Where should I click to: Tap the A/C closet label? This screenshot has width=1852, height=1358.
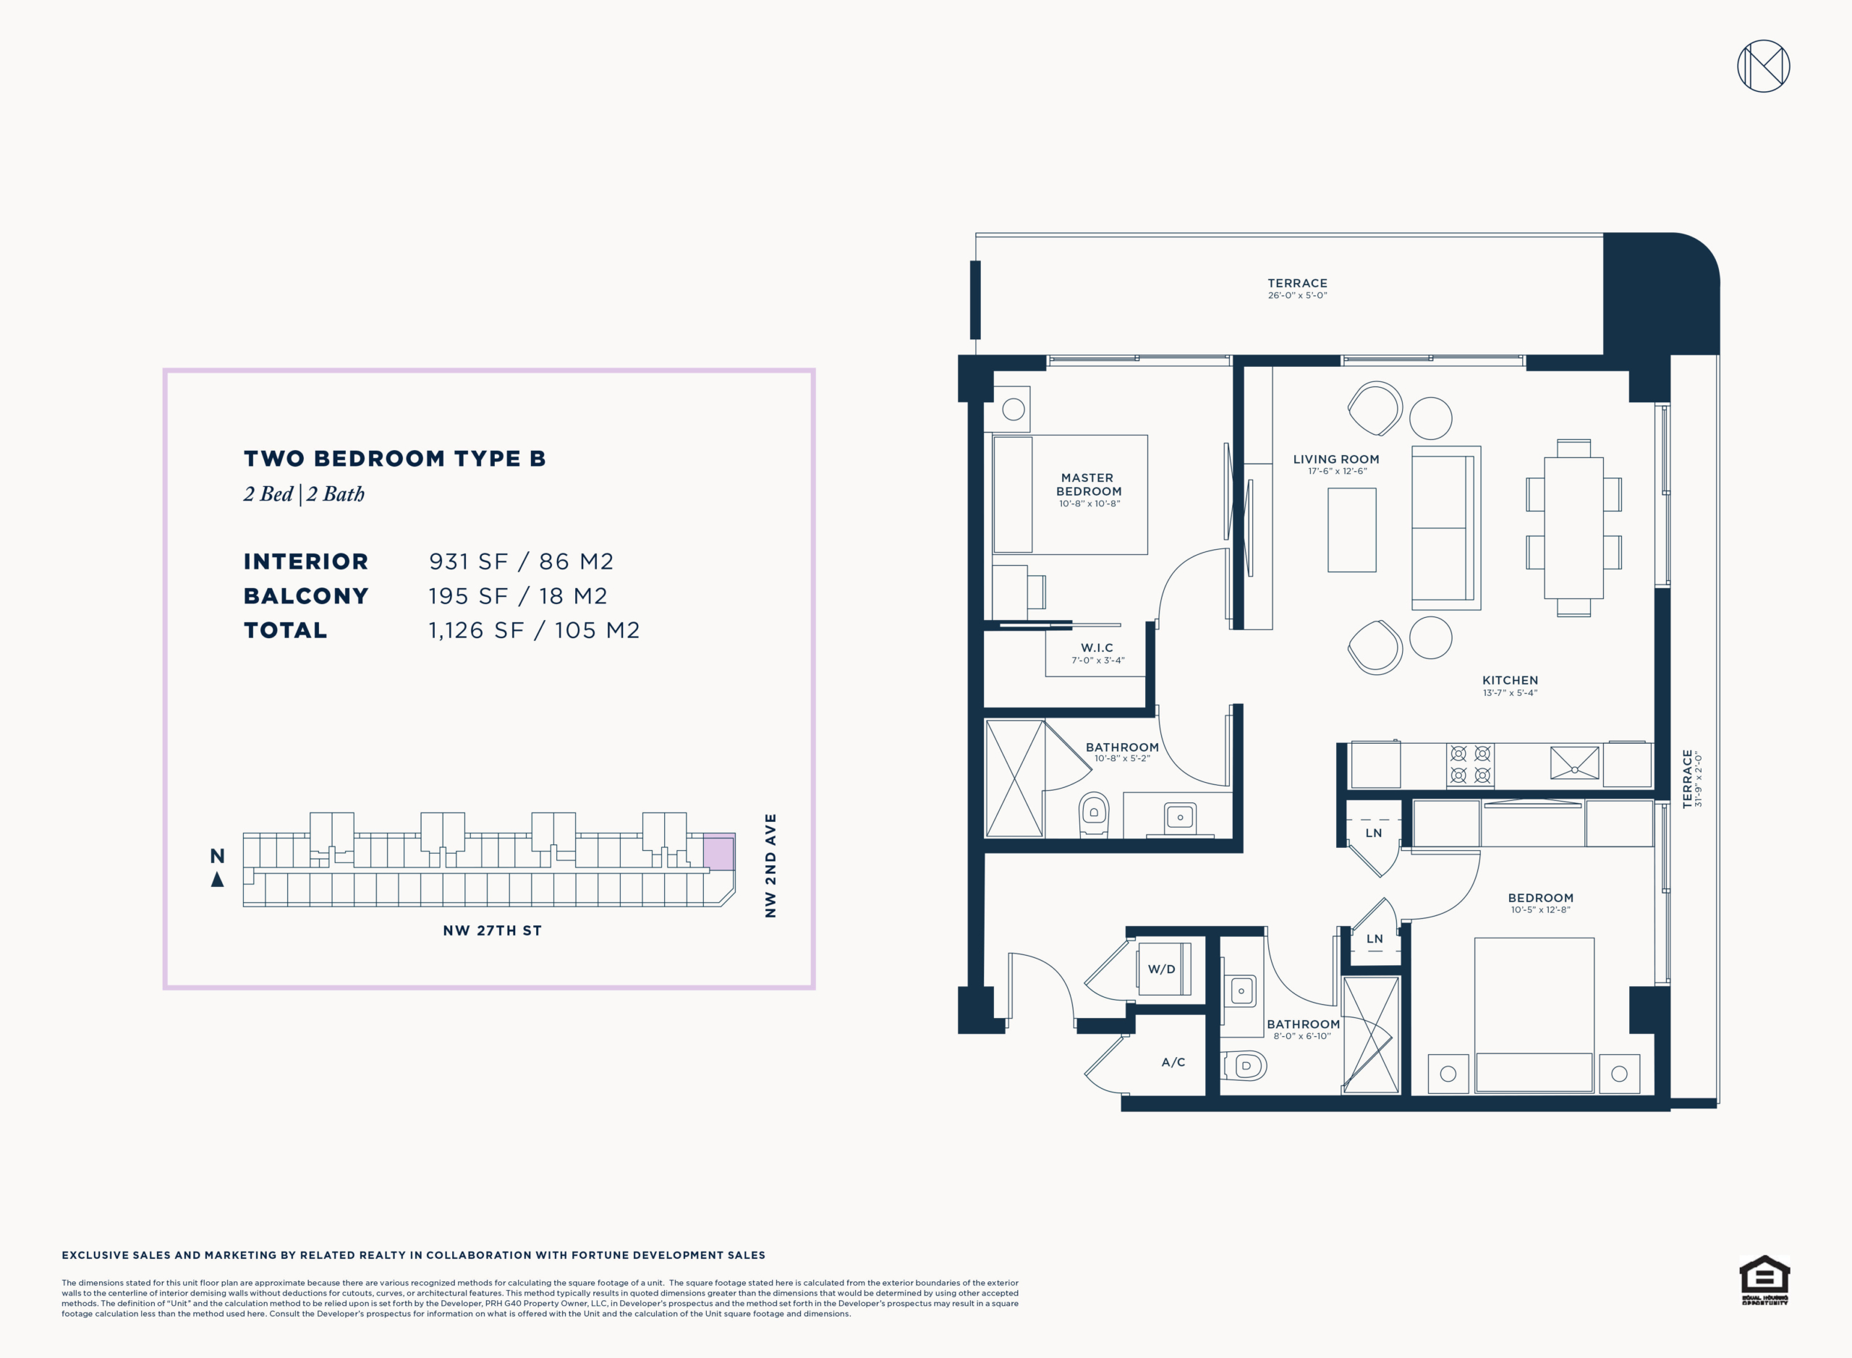pyautogui.click(x=1173, y=1062)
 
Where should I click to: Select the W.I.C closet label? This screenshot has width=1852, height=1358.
pyautogui.click(x=1097, y=648)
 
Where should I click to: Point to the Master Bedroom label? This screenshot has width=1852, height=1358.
pyautogui.click(x=1088, y=484)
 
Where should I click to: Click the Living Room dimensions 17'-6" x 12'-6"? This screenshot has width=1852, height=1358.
pyautogui.click(x=1338, y=472)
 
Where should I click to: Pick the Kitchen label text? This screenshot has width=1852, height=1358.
pyautogui.click(x=1510, y=681)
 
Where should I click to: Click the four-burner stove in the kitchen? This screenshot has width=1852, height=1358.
pyautogui.click(x=1471, y=765)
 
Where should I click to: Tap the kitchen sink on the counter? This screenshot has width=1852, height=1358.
pyautogui.click(x=1574, y=762)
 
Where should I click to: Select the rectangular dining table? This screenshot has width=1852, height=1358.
pyautogui.click(x=1573, y=527)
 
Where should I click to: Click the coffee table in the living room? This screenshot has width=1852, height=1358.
pyautogui.click(x=1351, y=530)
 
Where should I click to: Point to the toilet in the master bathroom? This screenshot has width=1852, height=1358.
pyautogui.click(x=1093, y=814)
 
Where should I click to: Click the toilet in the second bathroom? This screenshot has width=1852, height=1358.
pyautogui.click(x=1245, y=1066)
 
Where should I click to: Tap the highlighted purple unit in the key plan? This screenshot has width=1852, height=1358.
pyautogui.click(x=718, y=852)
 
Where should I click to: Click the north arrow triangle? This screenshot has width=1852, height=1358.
pyautogui.click(x=217, y=880)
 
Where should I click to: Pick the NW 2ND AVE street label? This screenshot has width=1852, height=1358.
pyautogui.click(x=770, y=865)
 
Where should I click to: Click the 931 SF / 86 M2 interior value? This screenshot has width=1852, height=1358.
pyautogui.click(x=521, y=561)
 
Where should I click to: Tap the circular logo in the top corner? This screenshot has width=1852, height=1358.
pyautogui.click(x=1764, y=66)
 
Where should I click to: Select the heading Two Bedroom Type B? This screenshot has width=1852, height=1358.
pyautogui.click(x=394, y=458)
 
